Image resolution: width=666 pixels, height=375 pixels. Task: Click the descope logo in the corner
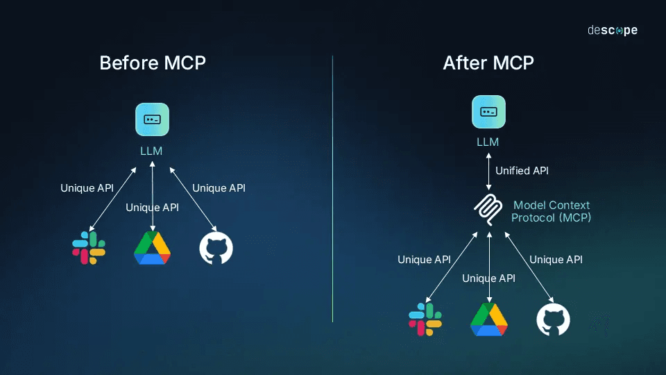click(x=612, y=31)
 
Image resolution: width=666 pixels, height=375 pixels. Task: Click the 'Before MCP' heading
click(x=153, y=62)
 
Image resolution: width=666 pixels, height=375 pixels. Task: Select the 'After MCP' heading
click(x=488, y=62)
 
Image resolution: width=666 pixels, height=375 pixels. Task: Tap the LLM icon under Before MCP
click(x=152, y=119)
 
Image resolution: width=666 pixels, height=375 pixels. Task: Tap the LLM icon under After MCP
click(x=488, y=112)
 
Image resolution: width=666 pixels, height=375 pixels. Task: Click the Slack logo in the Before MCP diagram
click(x=89, y=248)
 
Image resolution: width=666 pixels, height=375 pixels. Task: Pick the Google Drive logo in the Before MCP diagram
click(x=152, y=248)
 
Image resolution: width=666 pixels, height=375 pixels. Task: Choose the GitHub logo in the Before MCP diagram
click(x=216, y=248)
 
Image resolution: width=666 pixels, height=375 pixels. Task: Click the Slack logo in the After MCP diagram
click(x=425, y=319)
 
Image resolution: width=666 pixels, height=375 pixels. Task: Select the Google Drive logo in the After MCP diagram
click(x=489, y=319)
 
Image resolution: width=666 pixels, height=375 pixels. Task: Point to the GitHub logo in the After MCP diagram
click(x=553, y=319)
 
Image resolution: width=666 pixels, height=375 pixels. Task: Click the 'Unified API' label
click(x=522, y=171)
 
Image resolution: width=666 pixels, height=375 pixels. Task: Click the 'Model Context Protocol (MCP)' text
click(x=552, y=211)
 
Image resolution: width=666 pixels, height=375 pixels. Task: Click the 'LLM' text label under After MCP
click(x=488, y=142)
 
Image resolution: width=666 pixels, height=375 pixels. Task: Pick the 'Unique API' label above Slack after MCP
click(x=424, y=260)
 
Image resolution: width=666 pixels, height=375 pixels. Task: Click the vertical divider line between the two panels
click(x=333, y=187)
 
